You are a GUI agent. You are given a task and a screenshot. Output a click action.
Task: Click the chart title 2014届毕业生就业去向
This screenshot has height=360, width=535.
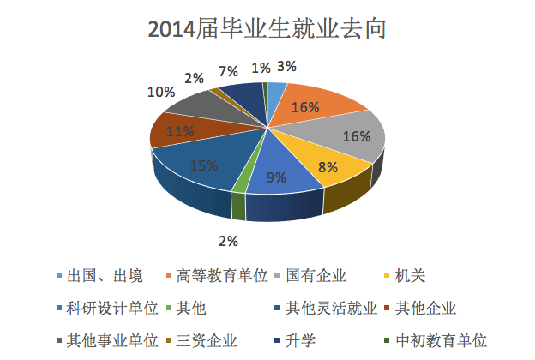point(267,29)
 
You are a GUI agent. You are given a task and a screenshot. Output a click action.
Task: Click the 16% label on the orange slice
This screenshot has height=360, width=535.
point(305,107)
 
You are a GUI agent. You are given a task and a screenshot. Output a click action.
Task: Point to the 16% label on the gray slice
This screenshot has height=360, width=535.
point(356,136)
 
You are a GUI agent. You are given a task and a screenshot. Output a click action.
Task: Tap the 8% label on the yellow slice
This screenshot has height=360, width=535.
point(328,168)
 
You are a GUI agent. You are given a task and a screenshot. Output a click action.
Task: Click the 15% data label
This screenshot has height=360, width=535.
point(202,165)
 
